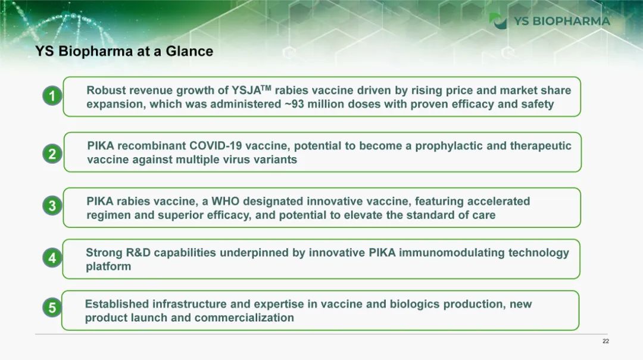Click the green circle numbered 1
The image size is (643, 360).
tap(52, 96)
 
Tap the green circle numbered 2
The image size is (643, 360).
tap(52, 154)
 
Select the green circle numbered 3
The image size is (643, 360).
tap(52, 205)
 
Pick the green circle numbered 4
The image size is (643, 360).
tap(52, 258)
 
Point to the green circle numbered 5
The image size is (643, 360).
tap(52, 307)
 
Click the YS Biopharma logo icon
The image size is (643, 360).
tap(498, 21)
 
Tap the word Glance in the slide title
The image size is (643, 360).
tap(189, 51)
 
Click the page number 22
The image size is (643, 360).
tap(605, 341)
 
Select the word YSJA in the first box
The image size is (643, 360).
tap(246, 90)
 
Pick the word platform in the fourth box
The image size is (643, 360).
tap(108, 267)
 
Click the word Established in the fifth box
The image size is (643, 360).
tap(117, 304)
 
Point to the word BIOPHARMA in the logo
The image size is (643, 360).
tap(571, 21)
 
